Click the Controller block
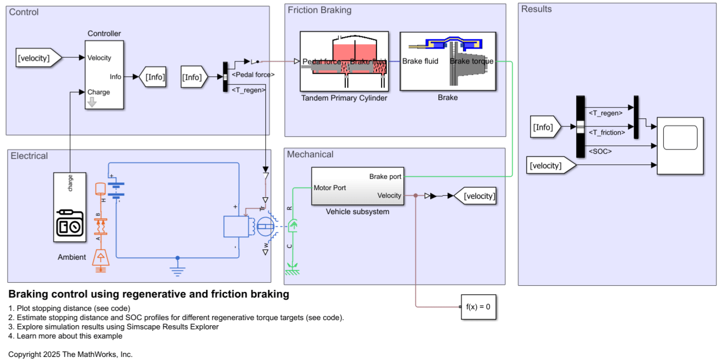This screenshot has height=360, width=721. coord(104,75)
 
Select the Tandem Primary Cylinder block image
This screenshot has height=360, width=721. coord(344,61)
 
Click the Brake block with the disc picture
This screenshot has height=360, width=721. coord(448,61)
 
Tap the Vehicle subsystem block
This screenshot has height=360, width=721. coord(357,187)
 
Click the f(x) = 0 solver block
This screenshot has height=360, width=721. coord(478,307)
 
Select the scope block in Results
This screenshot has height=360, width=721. coord(680,145)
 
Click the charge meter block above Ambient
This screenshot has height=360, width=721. coord(70,207)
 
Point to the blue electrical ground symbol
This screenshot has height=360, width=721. coord(177,270)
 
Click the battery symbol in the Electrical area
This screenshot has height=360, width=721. coord(117,190)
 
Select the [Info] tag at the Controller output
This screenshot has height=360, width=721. coord(154,77)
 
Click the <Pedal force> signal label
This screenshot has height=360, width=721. coord(253,75)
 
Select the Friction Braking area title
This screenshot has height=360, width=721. coord(320,10)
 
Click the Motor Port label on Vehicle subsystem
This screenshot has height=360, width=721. coord(330,188)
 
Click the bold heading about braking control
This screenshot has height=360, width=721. coord(149,294)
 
